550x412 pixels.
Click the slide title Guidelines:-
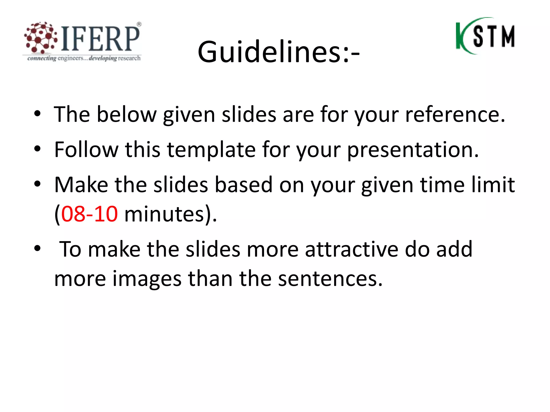coord(278,52)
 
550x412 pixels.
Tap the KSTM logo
coord(485,36)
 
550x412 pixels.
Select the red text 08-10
coord(89,214)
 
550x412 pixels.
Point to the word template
coord(211,150)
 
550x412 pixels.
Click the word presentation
coord(413,150)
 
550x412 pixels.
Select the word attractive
coord(352,249)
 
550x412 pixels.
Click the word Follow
coord(86,149)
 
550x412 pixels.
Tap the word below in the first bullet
coord(126,115)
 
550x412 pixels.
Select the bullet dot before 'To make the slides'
coord(37,248)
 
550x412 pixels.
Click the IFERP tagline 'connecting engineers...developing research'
coord(84,58)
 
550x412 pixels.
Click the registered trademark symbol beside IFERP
coord(139,24)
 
